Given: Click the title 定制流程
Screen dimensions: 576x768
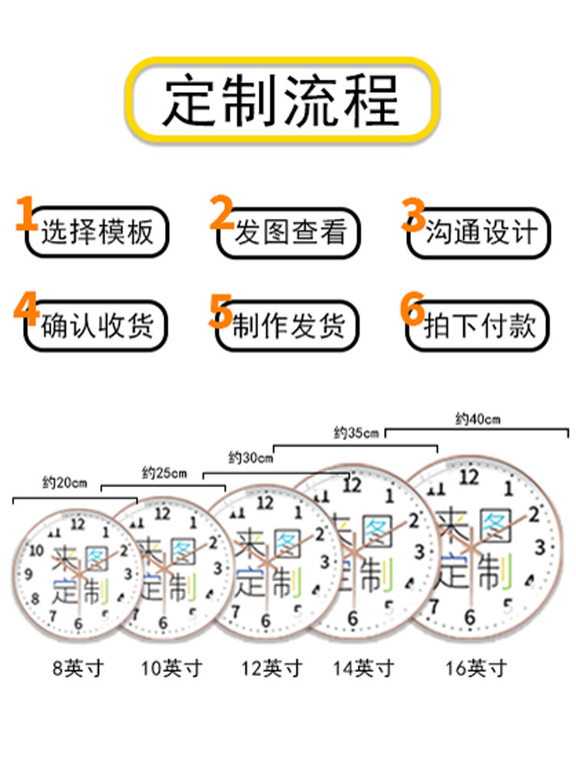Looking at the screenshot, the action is (x=282, y=101).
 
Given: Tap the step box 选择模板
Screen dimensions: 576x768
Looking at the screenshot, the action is (x=97, y=232).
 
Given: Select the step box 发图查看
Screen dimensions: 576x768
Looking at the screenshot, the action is (x=289, y=233).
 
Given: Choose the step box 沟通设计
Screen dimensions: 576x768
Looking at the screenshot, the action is (x=479, y=233).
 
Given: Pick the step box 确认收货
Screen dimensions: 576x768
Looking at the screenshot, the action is (x=96, y=326).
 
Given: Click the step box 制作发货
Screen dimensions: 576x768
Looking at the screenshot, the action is (x=288, y=326).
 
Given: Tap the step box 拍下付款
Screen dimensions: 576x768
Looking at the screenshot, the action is (x=478, y=326).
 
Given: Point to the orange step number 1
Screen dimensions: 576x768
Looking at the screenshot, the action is (x=25, y=213).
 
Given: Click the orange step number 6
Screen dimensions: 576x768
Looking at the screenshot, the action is (x=412, y=308).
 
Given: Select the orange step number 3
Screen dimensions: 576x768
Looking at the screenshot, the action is (x=414, y=214).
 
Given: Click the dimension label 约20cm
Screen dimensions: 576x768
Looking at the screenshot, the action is (x=65, y=483).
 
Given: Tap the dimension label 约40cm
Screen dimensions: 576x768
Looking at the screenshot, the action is (x=478, y=419).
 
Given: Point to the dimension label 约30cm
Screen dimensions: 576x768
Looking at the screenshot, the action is (x=250, y=458).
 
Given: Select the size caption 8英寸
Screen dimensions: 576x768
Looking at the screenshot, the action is (x=78, y=668).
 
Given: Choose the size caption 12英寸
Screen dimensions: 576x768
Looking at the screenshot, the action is (x=272, y=668).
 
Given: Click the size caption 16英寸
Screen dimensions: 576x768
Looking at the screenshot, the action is (x=475, y=668).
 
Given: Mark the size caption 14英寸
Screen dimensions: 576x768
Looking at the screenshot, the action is (x=363, y=668).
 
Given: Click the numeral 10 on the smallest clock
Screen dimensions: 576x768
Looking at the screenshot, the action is (x=37, y=550).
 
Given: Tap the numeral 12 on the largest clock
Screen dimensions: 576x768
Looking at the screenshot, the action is (x=468, y=477).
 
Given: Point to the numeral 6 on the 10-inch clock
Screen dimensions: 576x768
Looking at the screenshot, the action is (x=163, y=623).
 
